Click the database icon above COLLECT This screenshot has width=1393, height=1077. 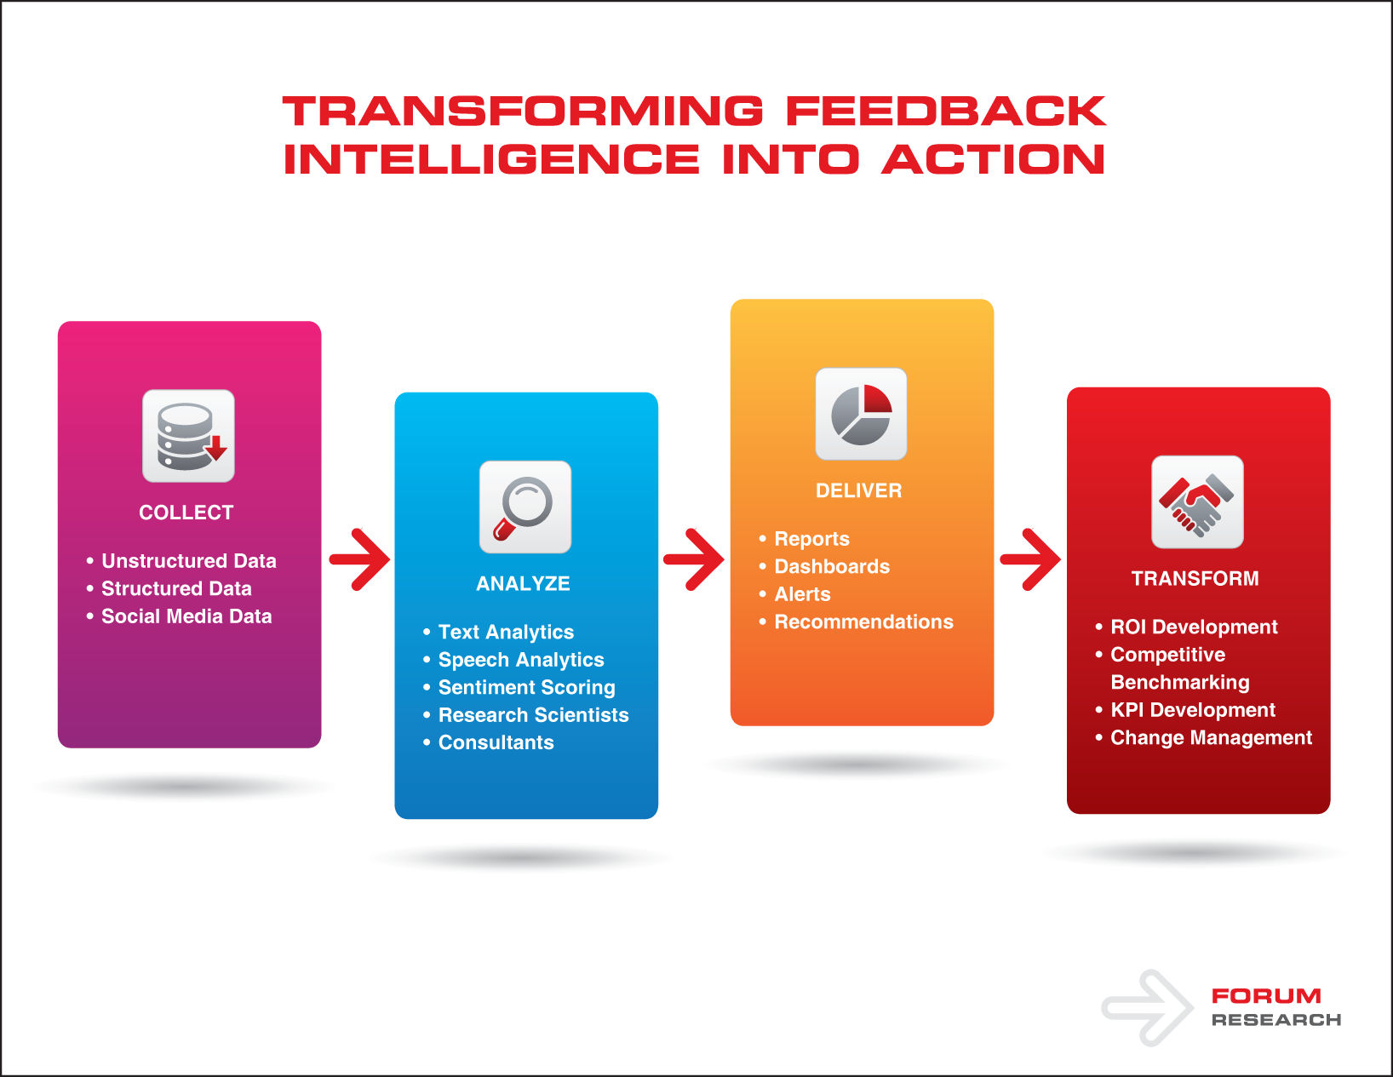click(188, 436)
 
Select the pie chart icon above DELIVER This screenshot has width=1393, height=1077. click(861, 414)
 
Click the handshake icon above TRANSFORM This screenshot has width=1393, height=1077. click(1197, 501)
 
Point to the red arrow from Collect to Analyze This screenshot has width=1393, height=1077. click(359, 559)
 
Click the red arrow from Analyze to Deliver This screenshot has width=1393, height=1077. click(694, 559)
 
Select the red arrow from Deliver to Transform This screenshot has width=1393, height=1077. click(1030, 559)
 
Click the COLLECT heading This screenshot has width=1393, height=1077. click(186, 513)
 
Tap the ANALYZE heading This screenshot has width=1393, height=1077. click(523, 584)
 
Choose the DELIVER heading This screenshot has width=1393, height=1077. click(859, 490)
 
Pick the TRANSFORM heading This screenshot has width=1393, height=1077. click(1195, 579)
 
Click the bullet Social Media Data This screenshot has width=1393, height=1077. click(180, 616)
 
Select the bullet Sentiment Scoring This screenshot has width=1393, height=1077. click(519, 687)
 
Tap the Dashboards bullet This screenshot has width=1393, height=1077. click(824, 566)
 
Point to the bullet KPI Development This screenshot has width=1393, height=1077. click(1185, 710)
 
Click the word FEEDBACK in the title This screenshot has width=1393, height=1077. click(945, 112)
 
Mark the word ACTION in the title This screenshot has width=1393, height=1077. click(993, 159)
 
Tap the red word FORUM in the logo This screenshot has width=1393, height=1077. click(1266, 996)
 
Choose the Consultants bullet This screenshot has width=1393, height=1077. click(489, 742)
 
